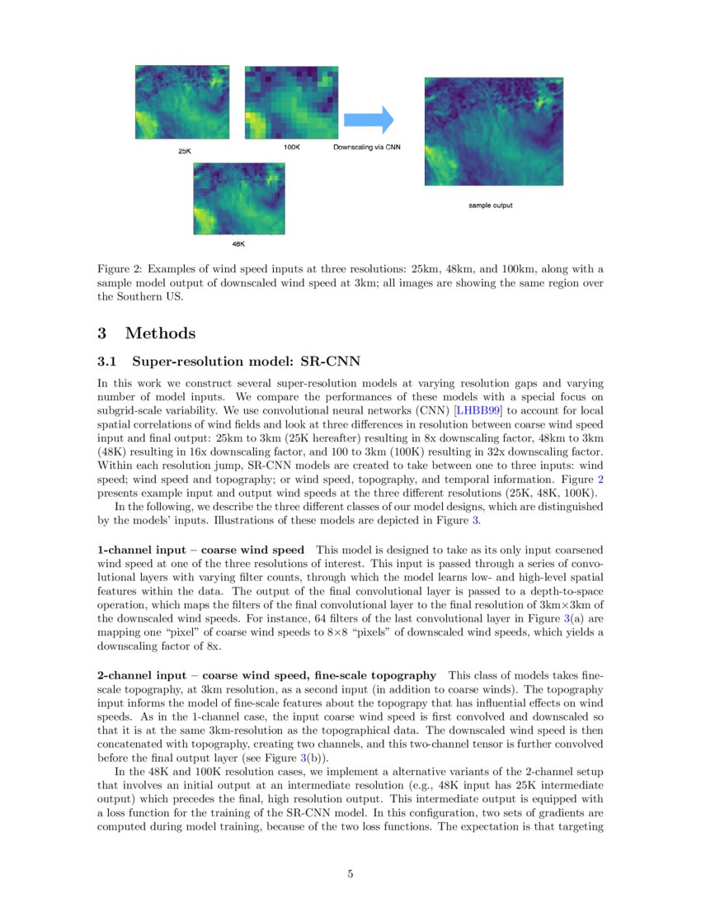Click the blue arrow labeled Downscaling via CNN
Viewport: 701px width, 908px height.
[x=368, y=120]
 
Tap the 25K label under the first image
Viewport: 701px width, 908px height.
[x=185, y=152]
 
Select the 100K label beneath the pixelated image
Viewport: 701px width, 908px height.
[x=291, y=147]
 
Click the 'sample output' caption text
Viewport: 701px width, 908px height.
[x=490, y=205]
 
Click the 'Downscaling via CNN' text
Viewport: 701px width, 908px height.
[x=366, y=147]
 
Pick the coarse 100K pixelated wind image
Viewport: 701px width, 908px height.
[x=291, y=102]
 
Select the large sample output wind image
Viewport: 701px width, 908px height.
[x=493, y=131]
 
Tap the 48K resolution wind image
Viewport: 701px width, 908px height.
[x=238, y=198]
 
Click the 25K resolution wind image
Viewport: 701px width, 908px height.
[x=182, y=102]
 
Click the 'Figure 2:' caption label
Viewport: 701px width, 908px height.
[x=121, y=269]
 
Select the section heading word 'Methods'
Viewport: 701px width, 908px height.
[x=160, y=333]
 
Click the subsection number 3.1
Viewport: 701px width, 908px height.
[x=109, y=362]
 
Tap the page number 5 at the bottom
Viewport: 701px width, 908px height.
[x=350, y=874]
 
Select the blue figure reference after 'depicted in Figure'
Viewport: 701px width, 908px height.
[x=475, y=520]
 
